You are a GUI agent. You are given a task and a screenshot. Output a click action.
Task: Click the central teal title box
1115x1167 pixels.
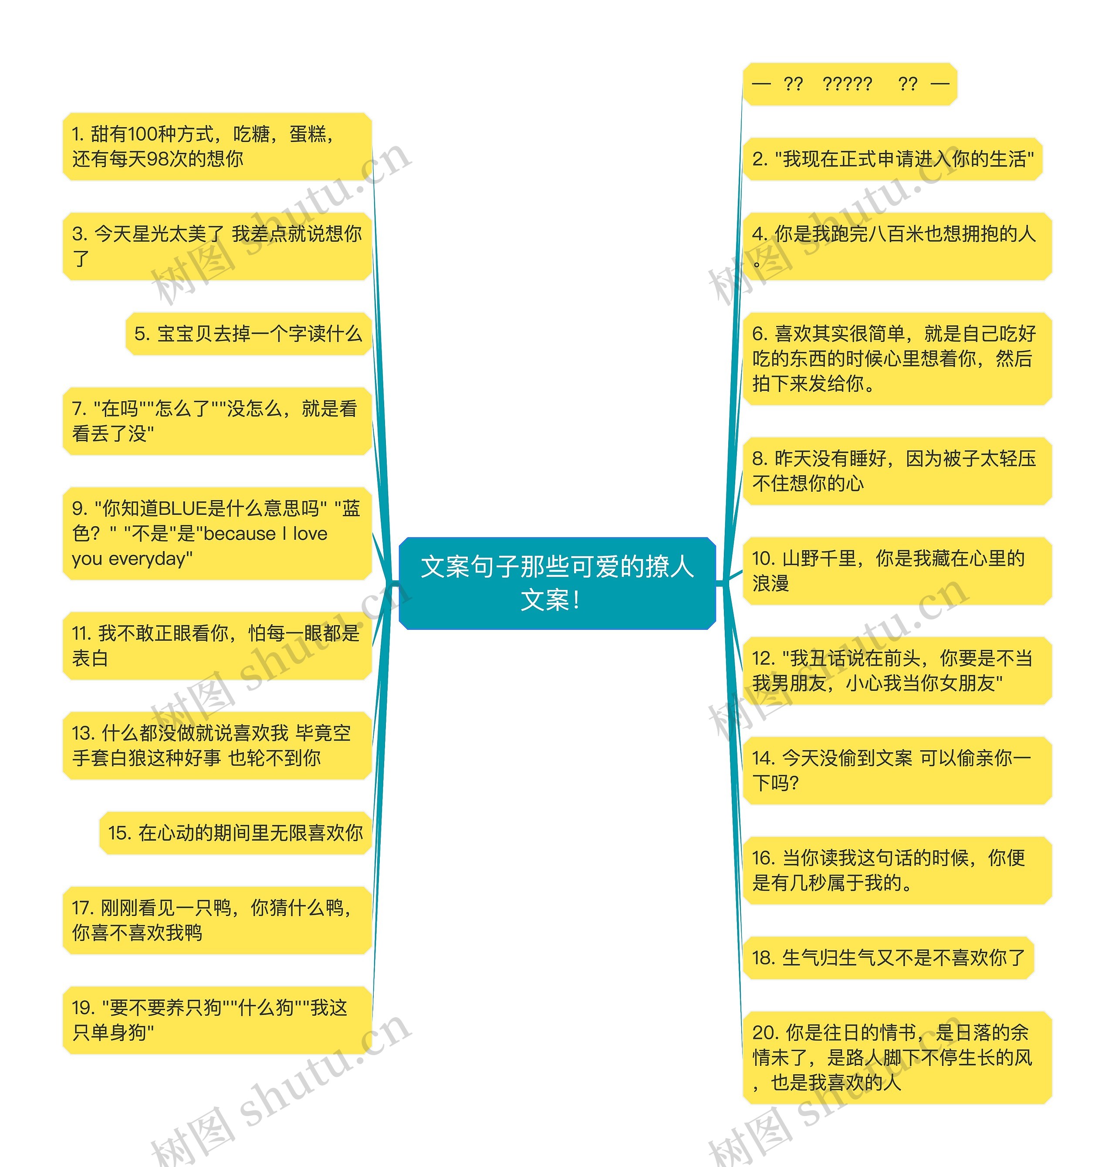(557, 582)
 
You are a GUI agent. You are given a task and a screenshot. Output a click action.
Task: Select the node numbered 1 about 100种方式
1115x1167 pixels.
(217, 146)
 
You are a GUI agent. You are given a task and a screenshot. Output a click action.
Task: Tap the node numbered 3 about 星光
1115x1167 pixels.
(217, 246)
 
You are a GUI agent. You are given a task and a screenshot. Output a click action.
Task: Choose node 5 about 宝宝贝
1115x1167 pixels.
(248, 334)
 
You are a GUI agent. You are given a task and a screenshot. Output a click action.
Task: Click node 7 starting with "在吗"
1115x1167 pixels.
(217, 421)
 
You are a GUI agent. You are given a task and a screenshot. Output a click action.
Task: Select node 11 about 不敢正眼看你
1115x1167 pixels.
(217, 646)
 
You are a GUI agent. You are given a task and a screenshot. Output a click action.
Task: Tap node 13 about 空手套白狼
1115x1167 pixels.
(217, 745)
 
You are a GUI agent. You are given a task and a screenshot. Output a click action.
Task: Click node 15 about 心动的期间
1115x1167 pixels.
(235, 833)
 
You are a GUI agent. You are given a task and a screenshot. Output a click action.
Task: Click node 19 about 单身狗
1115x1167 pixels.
(217, 1020)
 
